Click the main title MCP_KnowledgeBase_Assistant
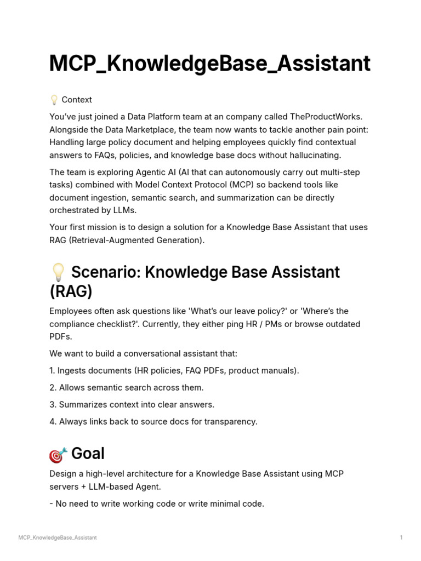209,64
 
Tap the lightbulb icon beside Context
54,100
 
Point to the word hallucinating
314,155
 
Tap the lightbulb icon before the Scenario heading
58,272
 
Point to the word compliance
71,324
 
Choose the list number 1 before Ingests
52,370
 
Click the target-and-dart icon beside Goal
58,454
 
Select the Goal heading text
88,454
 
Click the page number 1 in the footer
401,537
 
